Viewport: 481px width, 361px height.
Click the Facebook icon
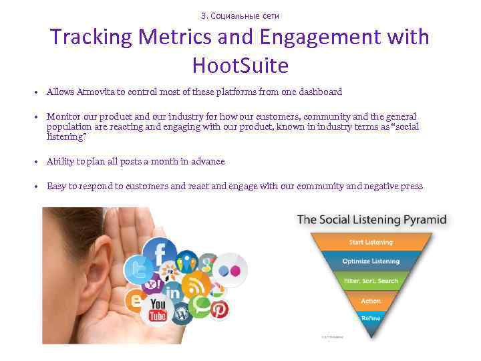click(x=160, y=254)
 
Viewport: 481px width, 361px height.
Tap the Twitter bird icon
click(x=138, y=269)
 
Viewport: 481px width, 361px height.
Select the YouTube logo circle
click(x=158, y=310)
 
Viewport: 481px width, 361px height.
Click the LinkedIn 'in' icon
click(x=174, y=292)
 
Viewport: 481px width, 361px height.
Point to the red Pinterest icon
click(x=218, y=309)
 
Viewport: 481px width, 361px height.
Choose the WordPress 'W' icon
click(x=181, y=313)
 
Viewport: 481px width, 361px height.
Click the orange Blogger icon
click(x=136, y=302)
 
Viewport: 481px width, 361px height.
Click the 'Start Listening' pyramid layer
click(x=371, y=242)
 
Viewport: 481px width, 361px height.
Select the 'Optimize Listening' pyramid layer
click(x=371, y=261)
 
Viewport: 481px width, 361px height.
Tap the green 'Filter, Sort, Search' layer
click(x=371, y=281)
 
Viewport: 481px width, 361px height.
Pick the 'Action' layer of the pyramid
click(x=371, y=301)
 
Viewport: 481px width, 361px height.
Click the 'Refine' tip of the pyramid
click(x=371, y=318)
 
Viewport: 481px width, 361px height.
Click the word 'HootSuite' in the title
click(x=240, y=66)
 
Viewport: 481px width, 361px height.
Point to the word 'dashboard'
click(x=320, y=92)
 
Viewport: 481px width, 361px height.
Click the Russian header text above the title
click(x=240, y=15)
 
